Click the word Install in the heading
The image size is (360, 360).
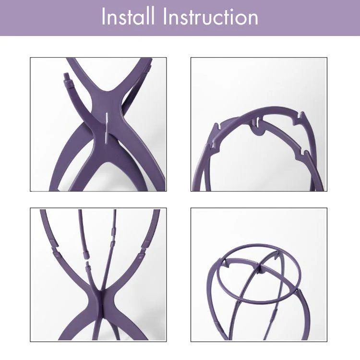click(129, 17)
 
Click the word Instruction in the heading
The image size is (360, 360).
click(211, 17)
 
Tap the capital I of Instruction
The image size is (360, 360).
click(165, 17)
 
